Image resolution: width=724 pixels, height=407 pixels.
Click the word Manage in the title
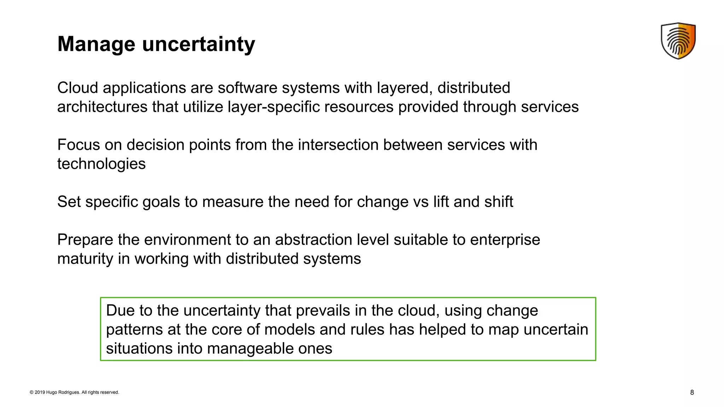pos(96,45)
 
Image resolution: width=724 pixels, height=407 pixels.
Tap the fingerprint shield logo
pos(678,41)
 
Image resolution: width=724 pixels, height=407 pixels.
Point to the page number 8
pos(692,392)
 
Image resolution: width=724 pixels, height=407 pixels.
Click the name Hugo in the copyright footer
pos(52,392)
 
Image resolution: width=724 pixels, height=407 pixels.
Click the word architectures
pos(102,107)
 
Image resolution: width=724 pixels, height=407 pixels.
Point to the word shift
pos(498,202)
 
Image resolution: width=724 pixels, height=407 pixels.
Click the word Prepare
pos(85,240)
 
